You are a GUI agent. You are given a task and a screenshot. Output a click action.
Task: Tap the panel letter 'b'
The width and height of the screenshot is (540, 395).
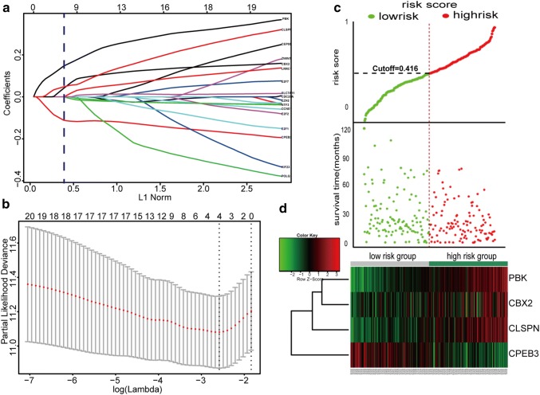[6, 207]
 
